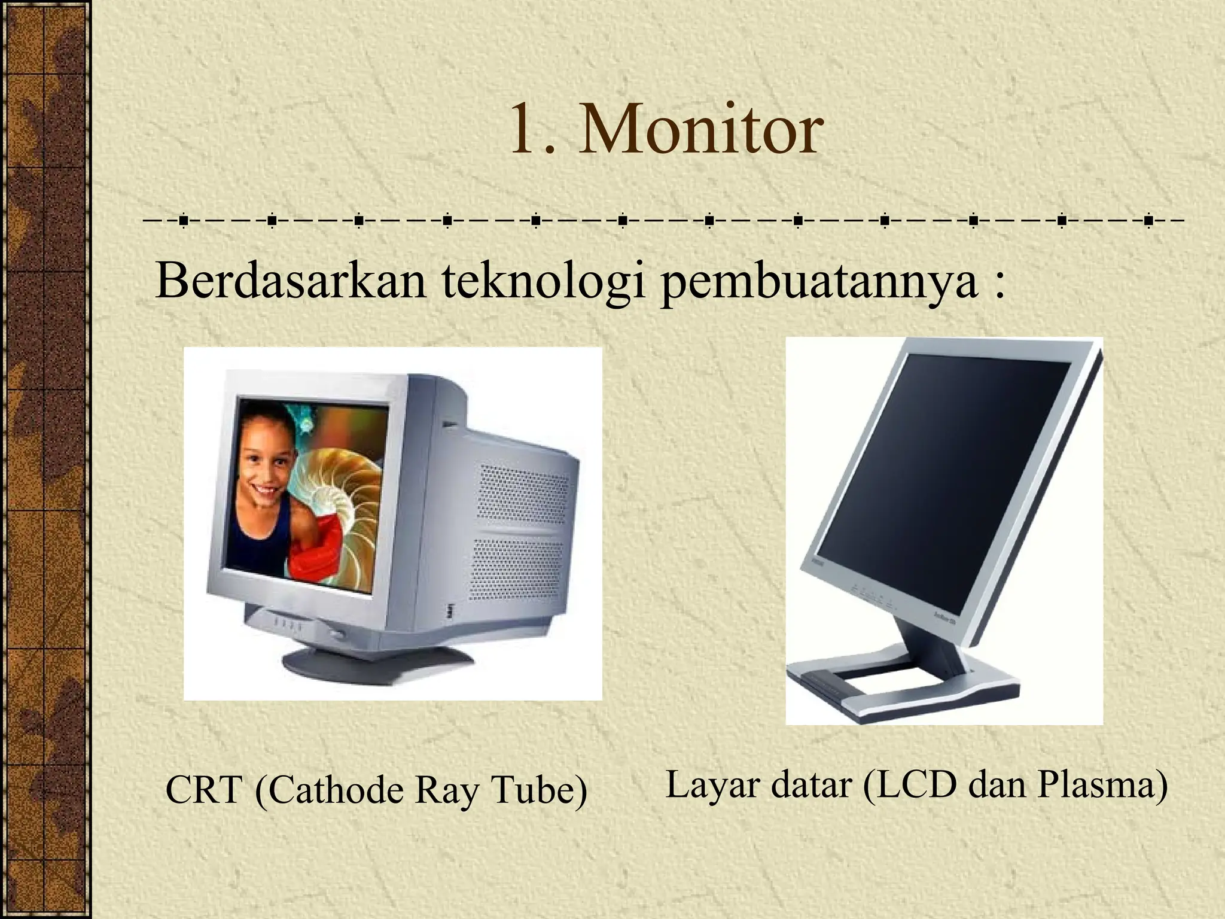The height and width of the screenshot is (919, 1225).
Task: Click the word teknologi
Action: (x=544, y=281)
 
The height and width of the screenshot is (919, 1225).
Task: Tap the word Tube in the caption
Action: (x=538, y=790)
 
